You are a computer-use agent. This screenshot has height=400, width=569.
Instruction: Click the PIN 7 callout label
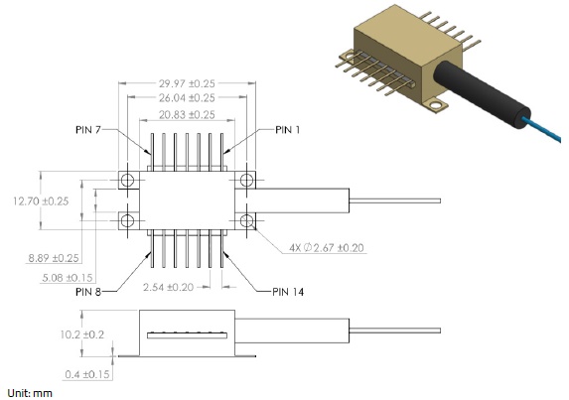(x=88, y=129)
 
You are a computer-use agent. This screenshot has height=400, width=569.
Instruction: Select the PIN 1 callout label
(x=288, y=129)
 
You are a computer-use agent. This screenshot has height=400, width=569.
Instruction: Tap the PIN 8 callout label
(x=88, y=292)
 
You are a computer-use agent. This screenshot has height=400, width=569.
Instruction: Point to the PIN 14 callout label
(x=288, y=292)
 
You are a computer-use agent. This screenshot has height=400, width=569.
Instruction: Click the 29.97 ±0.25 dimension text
(x=187, y=83)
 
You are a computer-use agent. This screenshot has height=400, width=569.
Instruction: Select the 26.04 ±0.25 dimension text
(x=187, y=97)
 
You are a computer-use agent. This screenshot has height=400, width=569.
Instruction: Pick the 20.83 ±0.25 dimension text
(x=187, y=114)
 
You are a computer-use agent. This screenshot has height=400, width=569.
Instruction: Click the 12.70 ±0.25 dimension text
(x=41, y=200)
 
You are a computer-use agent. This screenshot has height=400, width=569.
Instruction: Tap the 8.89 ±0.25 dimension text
(x=54, y=258)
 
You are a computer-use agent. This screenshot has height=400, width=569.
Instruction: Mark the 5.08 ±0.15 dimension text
(x=68, y=278)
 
